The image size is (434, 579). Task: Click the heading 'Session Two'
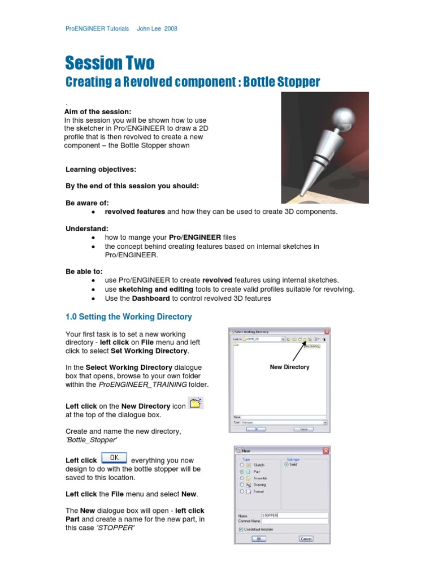click(x=110, y=63)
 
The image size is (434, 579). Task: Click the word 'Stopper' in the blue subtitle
click(x=298, y=83)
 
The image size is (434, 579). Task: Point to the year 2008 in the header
click(x=170, y=28)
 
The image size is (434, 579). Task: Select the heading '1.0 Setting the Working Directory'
click(x=129, y=317)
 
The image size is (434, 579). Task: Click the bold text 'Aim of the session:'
click(x=98, y=111)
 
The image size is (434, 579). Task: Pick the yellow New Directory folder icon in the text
click(x=196, y=403)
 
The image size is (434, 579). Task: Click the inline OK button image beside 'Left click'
click(x=114, y=458)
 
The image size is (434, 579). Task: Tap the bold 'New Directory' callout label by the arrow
click(x=289, y=367)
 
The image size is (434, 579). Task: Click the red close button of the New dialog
click(x=325, y=451)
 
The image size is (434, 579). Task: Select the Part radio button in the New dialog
click(x=242, y=472)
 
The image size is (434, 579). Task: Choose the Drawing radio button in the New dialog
click(x=242, y=485)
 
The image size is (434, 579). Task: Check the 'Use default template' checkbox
click(x=241, y=529)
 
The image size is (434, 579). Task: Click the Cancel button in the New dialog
click(x=306, y=538)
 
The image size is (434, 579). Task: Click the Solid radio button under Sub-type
click(x=287, y=464)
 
